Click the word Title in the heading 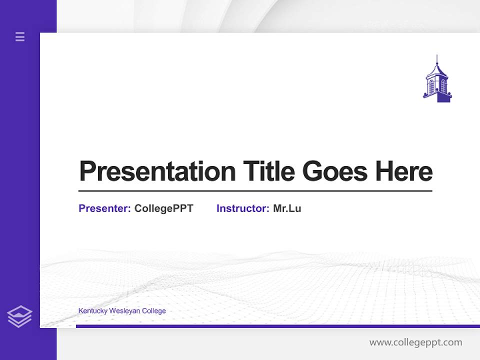[268, 171]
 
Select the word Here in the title [404, 171]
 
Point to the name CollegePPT [163, 208]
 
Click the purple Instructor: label [243, 208]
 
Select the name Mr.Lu [287, 208]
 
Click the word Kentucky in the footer [90, 311]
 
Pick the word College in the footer [154, 311]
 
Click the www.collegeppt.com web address [415, 342]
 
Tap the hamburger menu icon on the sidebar [20, 36]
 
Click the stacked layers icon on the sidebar [19, 316]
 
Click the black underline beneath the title [255, 191]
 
